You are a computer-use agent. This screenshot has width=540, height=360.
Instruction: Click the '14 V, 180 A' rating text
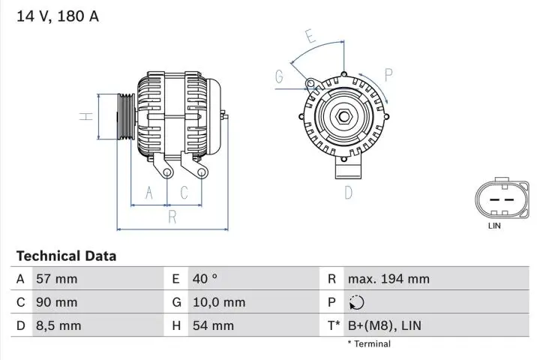(58, 16)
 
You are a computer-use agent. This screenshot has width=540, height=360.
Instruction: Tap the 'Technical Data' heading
(66, 256)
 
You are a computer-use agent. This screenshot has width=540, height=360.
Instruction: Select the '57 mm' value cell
(56, 279)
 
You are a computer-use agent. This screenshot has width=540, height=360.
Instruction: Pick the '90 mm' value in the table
(56, 302)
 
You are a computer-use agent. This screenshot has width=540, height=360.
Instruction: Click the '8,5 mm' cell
(58, 325)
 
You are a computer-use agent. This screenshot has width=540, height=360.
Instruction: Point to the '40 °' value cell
(205, 279)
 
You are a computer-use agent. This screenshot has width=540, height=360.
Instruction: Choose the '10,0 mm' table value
(219, 302)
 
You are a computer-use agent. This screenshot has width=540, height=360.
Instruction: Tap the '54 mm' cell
(213, 325)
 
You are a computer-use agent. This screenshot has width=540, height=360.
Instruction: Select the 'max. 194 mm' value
(388, 279)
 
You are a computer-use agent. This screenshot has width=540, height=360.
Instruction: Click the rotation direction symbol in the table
(356, 303)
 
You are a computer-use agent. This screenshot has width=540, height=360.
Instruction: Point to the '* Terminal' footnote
(369, 344)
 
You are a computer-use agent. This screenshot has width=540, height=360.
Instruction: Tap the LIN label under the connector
(494, 225)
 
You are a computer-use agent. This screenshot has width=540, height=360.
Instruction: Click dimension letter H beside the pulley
(87, 116)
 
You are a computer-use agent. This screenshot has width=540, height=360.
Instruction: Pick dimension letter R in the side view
(172, 217)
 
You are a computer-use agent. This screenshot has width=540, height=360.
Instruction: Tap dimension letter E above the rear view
(310, 35)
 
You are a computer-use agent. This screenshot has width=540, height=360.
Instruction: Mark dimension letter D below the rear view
(348, 193)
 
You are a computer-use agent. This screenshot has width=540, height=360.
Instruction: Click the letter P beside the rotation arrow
(389, 73)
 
